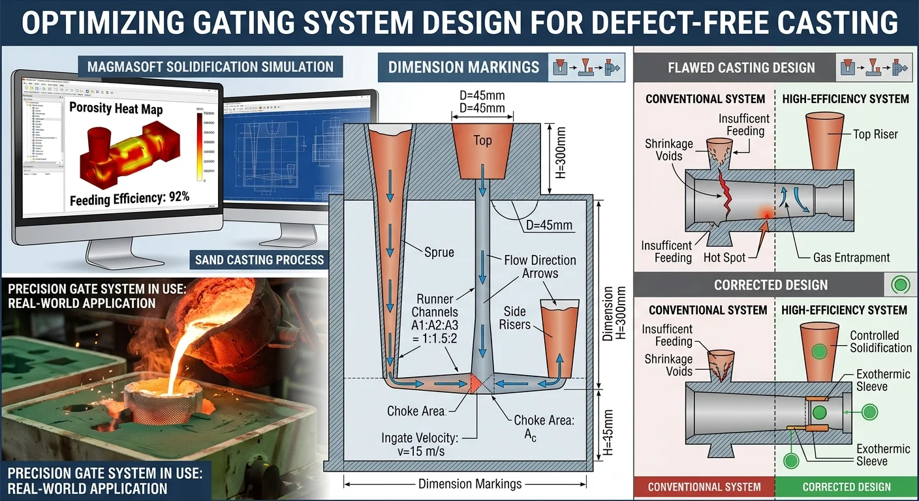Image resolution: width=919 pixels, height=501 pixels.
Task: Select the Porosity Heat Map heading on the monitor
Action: click(117, 108)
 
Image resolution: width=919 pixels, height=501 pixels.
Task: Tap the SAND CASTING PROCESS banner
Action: click(259, 260)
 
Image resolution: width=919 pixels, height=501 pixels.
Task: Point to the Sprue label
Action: click(439, 252)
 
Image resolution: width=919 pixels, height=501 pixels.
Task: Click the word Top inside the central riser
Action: click(482, 140)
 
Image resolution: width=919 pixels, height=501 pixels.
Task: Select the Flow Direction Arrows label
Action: click(540, 266)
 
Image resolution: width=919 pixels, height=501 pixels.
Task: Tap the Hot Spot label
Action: click(724, 258)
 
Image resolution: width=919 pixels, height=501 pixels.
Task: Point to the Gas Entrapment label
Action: click(851, 258)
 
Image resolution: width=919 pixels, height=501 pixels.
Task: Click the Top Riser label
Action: click(875, 134)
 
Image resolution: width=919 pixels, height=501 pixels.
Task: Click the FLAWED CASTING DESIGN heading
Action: click(741, 68)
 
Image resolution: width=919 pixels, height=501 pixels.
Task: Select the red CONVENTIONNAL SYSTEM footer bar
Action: click(704, 486)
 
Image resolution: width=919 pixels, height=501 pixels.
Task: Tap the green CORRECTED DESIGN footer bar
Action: click(847, 486)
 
